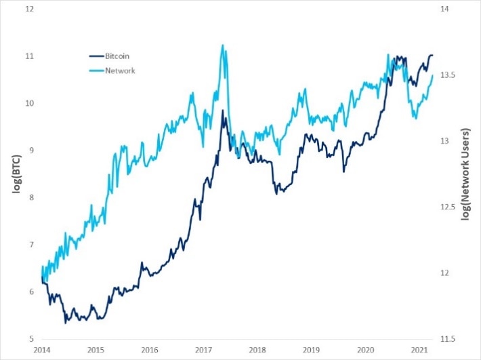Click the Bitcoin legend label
pyautogui.click(x=118, y=56)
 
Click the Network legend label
pyautogui.click(x=119, y=70)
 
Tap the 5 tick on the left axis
pyautogui.click(x=30, y=338)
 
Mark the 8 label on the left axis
pyautogui.click(x=30, y=197)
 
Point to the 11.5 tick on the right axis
pyautogui.click(x=449, y=338)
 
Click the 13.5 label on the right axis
pyautogui.click(x=449, y=75)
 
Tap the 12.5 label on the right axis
pyautogui.click(x=449, y=207)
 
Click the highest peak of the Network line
pyautogui.click(x=223, y=45)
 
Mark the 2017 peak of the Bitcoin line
pyautogui.click(x=223, y=111)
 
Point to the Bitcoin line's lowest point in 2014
pyautogui.click(x=66, y=323)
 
